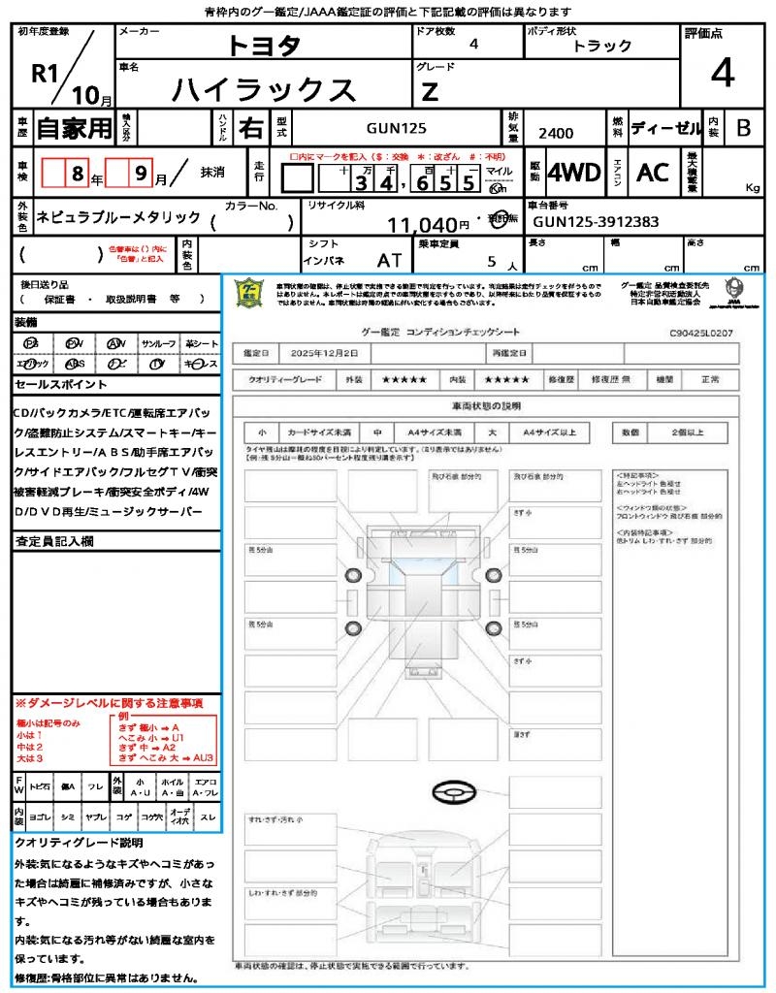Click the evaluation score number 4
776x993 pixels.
pos(722,74)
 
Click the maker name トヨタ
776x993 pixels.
pos(264,46)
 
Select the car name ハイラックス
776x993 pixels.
pos(264,89)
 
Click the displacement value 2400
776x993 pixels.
pos(556,133)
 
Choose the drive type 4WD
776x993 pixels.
pos(574,173)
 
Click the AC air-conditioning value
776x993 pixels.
pos(653,173)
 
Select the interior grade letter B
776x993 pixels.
pos(743,127)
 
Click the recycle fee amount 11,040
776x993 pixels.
pos(422,225)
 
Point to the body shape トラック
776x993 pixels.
pos(602,46)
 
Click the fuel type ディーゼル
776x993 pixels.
pos(665,127)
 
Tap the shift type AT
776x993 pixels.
pos(389,260)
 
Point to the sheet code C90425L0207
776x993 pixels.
pos(701,333)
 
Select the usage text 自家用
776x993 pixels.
pos(74,127)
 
